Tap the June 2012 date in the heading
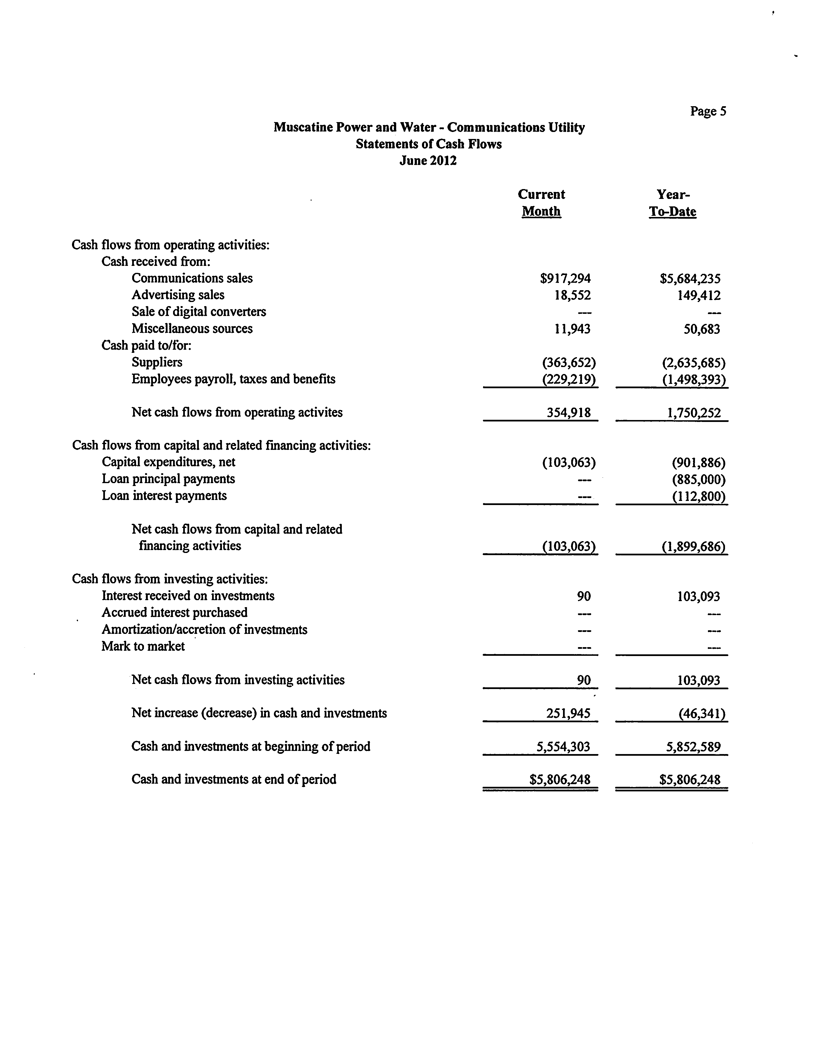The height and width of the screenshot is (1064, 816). (428, 161)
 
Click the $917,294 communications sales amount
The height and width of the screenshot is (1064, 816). (565, 278)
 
